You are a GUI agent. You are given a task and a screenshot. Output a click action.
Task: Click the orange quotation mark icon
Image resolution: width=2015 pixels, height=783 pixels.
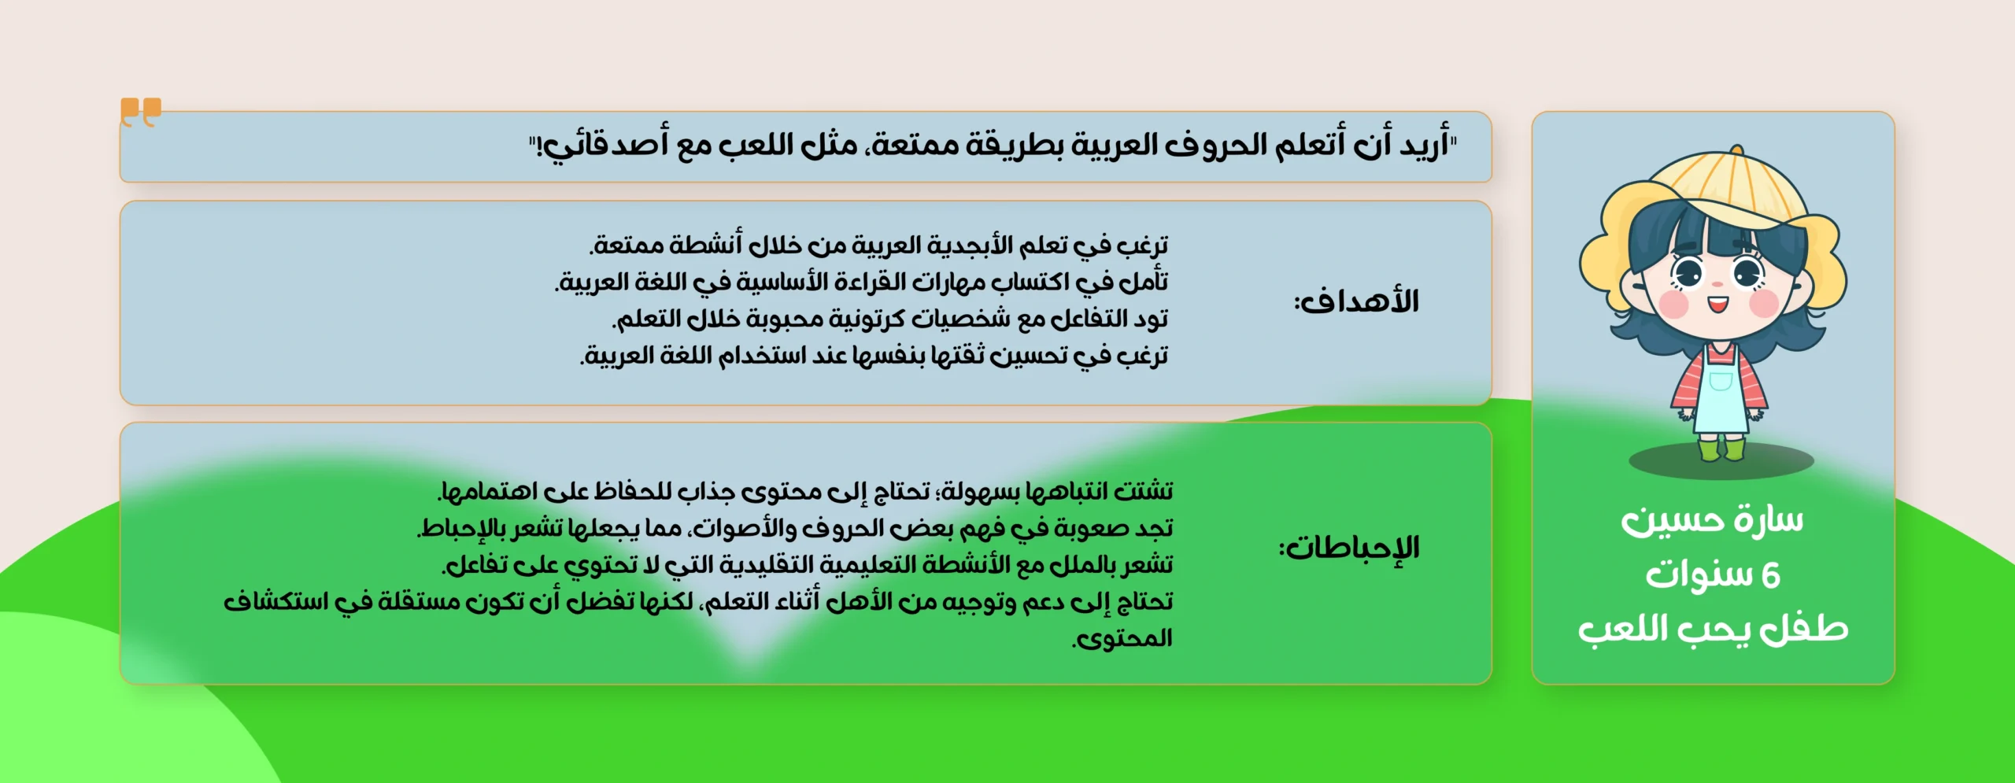[141, 112]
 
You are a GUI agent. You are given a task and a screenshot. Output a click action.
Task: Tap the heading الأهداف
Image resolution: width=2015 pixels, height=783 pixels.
[1357, 301]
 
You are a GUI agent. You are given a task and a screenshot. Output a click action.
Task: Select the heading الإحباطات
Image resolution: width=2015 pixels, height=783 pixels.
[1349, 548]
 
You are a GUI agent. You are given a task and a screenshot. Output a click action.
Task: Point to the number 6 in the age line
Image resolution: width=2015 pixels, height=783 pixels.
[1770, 576]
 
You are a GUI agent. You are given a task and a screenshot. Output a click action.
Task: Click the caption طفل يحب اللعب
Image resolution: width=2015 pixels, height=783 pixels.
[1713, 630]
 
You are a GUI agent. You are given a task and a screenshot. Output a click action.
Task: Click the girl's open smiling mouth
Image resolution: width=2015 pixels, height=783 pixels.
[1717, 304]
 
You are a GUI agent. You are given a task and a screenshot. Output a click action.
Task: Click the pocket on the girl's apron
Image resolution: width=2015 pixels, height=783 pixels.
[1721, 382]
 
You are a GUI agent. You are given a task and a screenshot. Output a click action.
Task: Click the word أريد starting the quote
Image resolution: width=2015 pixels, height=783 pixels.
[1424, 145]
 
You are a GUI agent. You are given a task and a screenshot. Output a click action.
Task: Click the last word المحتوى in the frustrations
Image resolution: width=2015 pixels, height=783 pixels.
[1122, 638]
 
